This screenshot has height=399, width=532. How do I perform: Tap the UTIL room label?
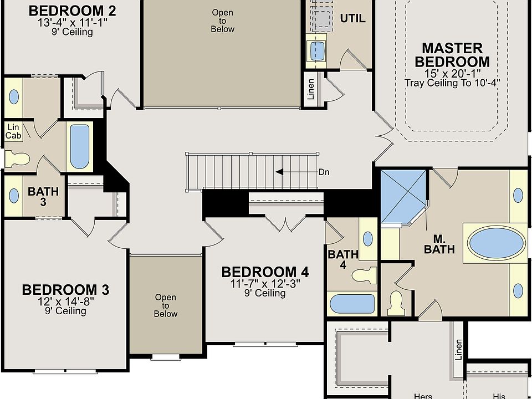pos(352,18)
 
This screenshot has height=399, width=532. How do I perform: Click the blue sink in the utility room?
pos(318,50)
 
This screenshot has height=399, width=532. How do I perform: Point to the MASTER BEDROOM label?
pos(452,55)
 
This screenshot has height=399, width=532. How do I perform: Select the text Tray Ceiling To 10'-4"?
pos(452,83)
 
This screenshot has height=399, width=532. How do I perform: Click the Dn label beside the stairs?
pos(324,172)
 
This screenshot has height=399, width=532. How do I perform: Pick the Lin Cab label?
pos(13,131)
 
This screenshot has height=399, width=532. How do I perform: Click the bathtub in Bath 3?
pos(79,146)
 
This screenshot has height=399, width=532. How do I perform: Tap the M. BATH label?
pos(439,244)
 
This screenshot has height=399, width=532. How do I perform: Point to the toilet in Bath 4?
pos(365,275)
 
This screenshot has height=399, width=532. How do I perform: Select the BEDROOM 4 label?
pos(265,272)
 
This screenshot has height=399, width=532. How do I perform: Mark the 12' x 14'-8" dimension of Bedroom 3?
pos(65,301)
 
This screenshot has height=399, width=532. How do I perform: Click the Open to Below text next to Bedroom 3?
pos(166,305)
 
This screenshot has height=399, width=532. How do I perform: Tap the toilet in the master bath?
pos(396,301)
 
